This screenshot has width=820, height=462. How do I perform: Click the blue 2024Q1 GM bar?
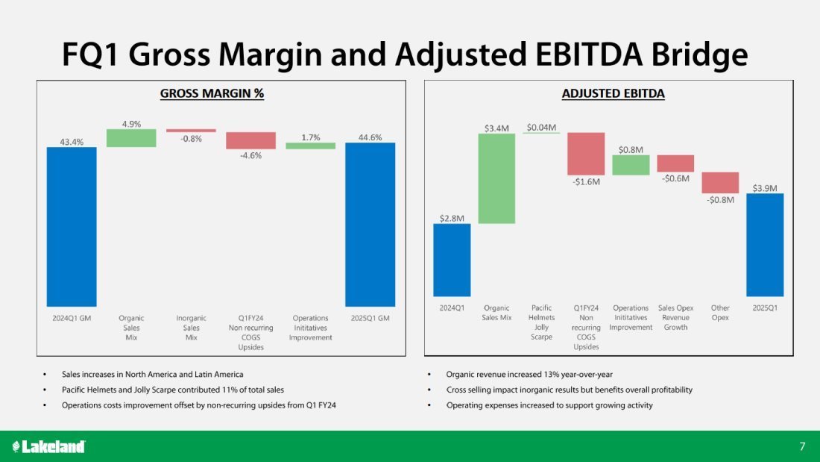[72, 226]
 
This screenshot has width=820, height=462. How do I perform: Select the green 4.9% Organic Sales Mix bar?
[131, 138]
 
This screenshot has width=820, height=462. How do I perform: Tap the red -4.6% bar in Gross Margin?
[250, 140]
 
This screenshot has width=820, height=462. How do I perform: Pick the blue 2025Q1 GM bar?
[370, 224]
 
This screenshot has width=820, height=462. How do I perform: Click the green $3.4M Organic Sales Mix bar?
[496, 178]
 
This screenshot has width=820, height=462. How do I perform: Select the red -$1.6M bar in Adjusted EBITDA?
[586, 154]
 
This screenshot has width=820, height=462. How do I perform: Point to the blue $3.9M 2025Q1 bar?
[765, 245]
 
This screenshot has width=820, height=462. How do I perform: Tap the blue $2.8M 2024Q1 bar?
[452, 260]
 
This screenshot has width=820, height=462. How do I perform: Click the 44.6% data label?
[370, 137]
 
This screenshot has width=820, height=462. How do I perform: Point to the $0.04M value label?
[541, 128]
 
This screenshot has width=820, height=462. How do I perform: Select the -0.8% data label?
[191, 139]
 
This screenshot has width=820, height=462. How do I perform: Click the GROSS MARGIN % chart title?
[212, 93]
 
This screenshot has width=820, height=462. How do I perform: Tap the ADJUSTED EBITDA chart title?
[613, 93]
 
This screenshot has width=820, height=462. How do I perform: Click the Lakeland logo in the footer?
[49, 446]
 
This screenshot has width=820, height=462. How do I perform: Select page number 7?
[802, 446]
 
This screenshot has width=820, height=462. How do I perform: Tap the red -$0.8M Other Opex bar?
[720, 183]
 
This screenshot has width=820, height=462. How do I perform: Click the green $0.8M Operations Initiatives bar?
[631, 165]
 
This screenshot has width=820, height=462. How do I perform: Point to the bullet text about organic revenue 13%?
[529, 374]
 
